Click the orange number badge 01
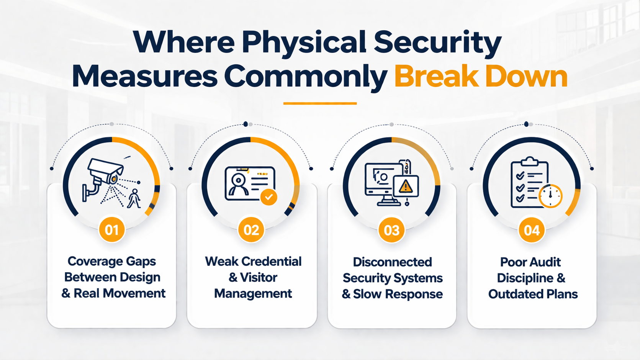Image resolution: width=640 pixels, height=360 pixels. point(112,230)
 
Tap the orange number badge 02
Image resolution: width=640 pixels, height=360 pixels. point(251,230)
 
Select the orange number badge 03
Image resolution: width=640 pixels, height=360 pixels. point(391,230)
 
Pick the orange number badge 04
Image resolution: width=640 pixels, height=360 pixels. point(532,230)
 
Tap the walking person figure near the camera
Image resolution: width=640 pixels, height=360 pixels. point(134,198)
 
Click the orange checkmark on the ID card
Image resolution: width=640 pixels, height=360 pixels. point(269,197)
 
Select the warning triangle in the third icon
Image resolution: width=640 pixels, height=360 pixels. point(406,187)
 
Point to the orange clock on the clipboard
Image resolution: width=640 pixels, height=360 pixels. point(550,196)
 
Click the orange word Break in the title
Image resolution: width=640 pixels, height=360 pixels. point(437,77)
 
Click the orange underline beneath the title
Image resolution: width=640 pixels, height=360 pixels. point(320,103)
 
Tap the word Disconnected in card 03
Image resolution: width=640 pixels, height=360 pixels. point(392,262)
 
